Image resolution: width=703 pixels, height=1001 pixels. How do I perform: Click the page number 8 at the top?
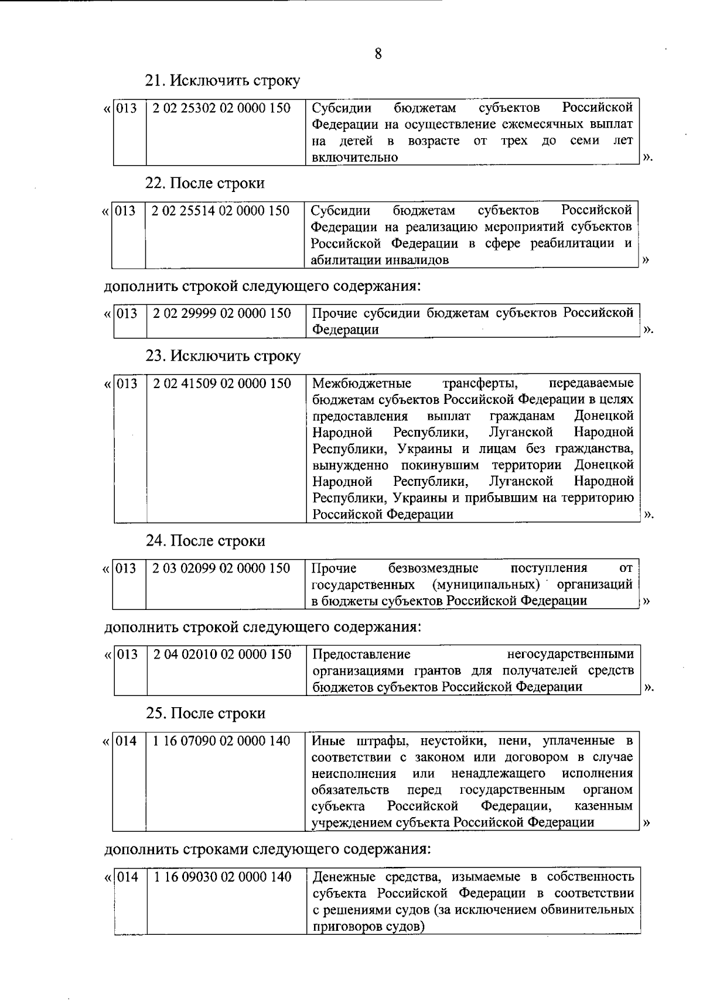378,54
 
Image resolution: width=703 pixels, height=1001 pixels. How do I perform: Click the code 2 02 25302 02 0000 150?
221,108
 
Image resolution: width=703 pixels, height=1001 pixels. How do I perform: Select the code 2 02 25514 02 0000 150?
220,211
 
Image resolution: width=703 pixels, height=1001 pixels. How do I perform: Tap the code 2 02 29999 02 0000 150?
221,313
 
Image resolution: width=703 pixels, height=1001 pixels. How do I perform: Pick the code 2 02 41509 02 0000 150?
221,383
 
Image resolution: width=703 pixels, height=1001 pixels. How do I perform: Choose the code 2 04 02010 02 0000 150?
221,654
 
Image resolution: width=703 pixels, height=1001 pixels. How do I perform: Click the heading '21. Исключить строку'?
223,81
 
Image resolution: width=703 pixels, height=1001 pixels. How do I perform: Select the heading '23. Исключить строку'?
223,356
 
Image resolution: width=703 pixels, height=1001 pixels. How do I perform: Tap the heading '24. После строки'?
205,540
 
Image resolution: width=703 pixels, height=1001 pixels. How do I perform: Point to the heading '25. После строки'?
205,713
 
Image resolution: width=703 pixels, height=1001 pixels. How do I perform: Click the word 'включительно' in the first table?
354,157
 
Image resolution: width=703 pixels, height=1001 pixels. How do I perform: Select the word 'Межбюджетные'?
361,383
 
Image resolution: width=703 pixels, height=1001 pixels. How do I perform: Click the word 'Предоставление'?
361,654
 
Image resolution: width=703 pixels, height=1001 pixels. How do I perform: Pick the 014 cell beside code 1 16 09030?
128,876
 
